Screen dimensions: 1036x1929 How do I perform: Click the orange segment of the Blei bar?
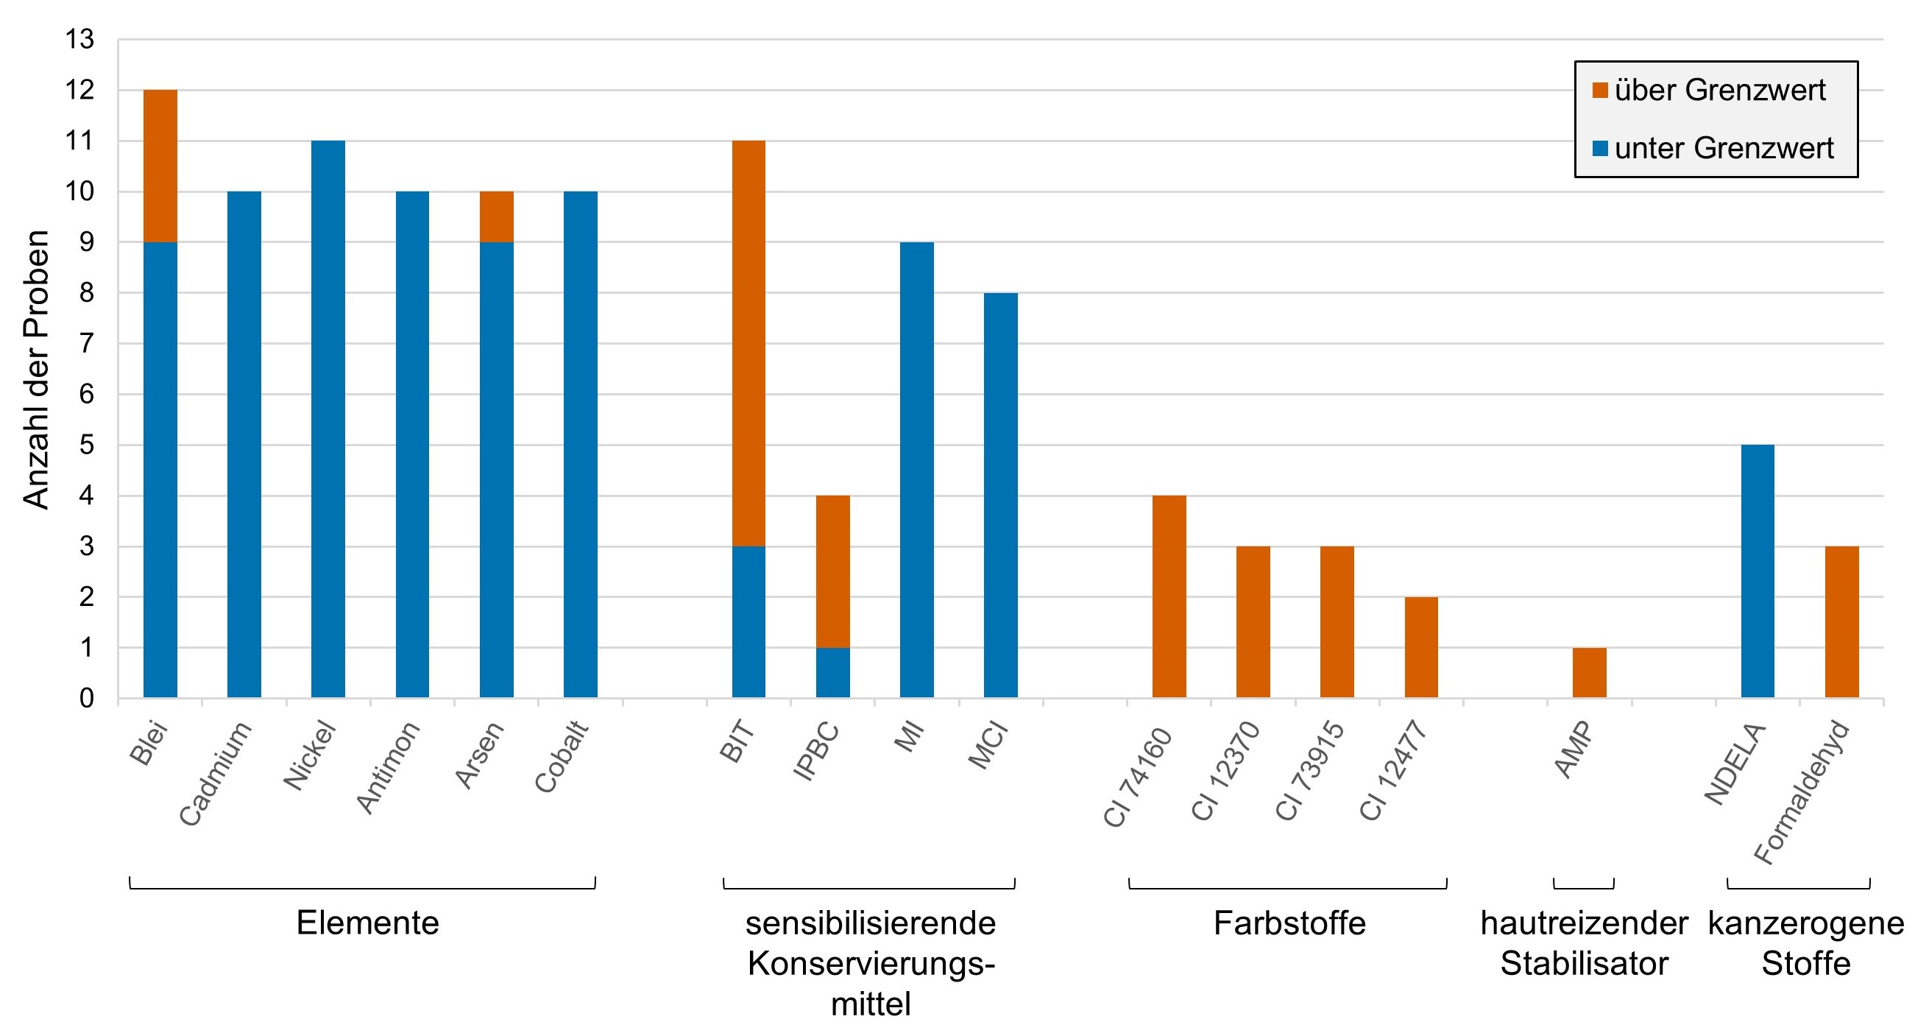[160, 166]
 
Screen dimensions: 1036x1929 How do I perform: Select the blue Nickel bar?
[328, 419]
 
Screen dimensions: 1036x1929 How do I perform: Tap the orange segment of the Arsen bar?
[497, 216]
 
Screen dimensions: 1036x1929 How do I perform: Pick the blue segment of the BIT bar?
[748, 621]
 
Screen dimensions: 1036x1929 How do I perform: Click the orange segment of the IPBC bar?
[832, 571]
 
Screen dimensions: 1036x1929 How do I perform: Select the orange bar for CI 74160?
[1169, 596]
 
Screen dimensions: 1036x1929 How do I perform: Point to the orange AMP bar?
[1589, 673]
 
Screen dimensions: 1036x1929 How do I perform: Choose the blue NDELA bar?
[1758, 571]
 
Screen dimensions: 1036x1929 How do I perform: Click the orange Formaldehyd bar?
[1841, 621]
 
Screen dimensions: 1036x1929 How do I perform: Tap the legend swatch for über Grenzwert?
[1600, 91]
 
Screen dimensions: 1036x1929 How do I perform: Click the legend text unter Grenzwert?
[1724, 148]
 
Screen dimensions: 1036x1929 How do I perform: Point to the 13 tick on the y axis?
[80, 39]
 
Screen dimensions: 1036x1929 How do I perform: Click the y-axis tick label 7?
[87, 344]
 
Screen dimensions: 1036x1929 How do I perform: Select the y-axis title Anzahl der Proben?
[35, 370]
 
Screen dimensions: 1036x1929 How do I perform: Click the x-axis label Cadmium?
[216, 773]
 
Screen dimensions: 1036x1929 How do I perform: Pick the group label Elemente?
[367, 922]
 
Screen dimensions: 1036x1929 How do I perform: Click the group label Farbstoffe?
[1289, 922]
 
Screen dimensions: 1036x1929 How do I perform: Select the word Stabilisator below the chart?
[1584, 963]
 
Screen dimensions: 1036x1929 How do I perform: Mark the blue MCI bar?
[1000, 495]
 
